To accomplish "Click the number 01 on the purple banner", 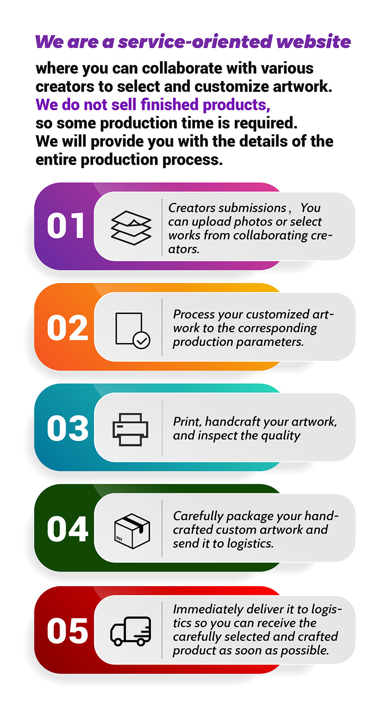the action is pyautogui.click(x=66, y=225).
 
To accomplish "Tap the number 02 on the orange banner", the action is pyautogui.click(x=67, y=328).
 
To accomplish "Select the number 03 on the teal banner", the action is pyautogui.click(x=68, y=428).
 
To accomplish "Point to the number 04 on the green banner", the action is pyautogui.click(x=67, y=529).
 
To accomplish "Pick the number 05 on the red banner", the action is pyautogui.click(x=67, y=630).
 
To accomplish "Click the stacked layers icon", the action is pyautogui.click(x=131, y=228).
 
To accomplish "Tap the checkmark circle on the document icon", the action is pyautogui.click(x=141, y=340).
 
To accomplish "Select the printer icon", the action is pyautogui.click(x=130, y=429).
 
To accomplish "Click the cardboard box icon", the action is pyautogui.click(x=132, y=531).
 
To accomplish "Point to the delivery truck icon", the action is pyautogui.click(x=131, y=631).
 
